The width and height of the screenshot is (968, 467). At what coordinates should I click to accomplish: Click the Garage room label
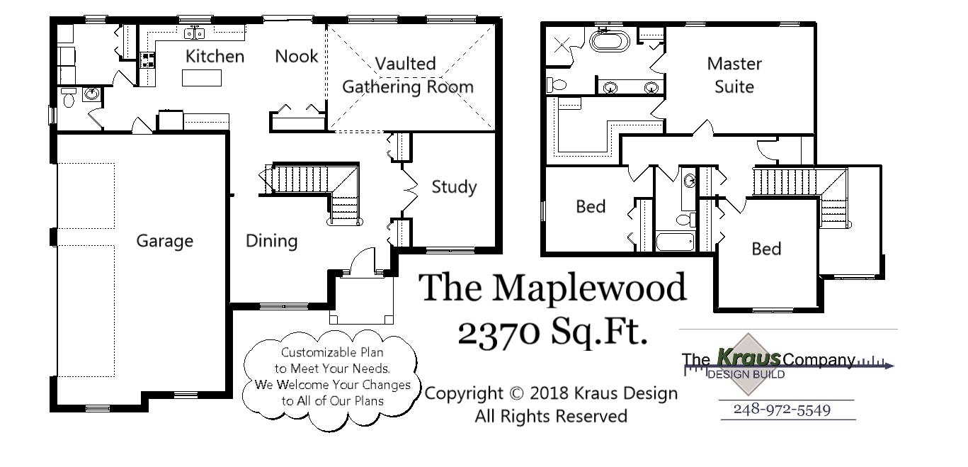164,241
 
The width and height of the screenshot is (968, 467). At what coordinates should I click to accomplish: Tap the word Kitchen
215,57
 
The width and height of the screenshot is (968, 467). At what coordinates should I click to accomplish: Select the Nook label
297,56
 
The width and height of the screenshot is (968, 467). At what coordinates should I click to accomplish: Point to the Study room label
454,187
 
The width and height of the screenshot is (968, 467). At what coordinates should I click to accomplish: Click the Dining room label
271,241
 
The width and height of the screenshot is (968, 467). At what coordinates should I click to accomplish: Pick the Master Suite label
734,75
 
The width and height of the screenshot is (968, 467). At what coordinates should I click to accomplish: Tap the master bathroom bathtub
610,40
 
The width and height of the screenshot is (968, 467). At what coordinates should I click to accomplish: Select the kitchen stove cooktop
149,60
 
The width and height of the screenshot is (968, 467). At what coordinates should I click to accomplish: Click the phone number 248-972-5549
782,410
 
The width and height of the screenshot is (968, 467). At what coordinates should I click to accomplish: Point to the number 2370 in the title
496,332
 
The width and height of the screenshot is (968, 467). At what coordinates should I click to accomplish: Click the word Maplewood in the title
589,288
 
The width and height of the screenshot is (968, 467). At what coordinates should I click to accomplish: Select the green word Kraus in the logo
748,358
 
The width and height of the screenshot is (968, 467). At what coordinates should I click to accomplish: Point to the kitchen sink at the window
195,33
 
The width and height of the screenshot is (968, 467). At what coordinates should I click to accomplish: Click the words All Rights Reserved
550,416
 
